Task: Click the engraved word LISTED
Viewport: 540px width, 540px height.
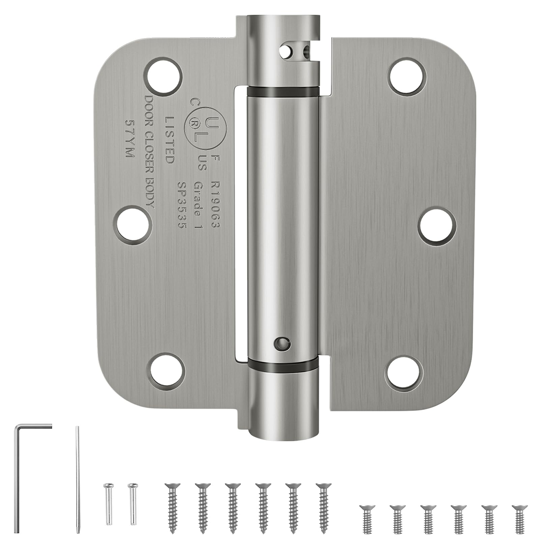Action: pos(169,140)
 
